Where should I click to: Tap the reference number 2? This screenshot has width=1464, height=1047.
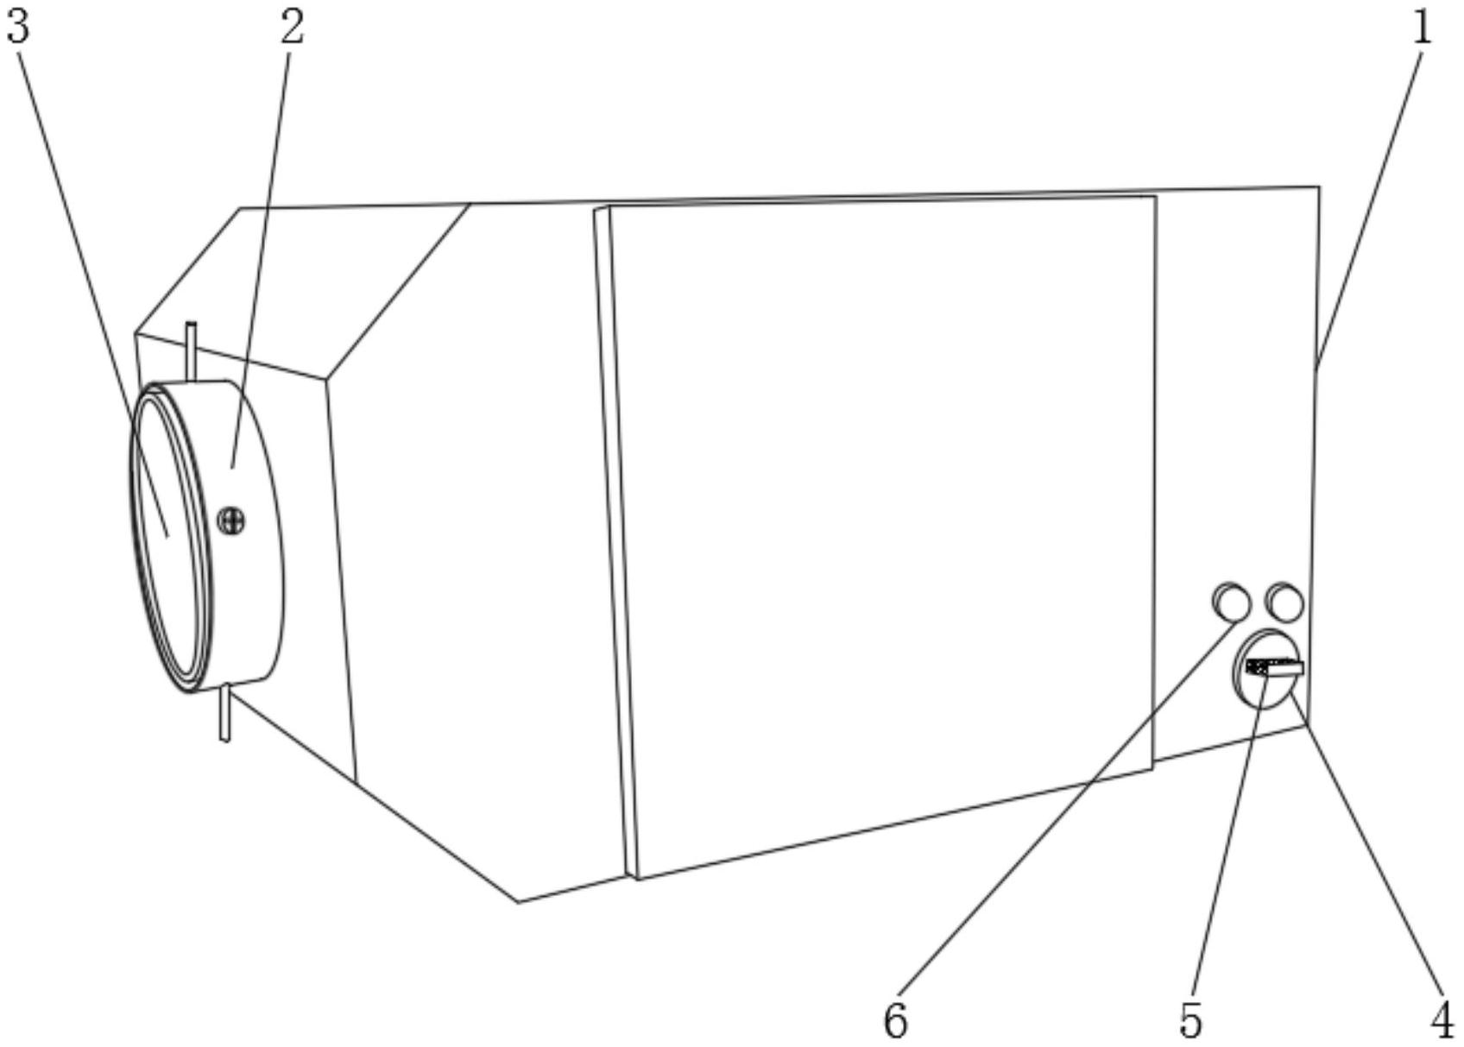point(292,28)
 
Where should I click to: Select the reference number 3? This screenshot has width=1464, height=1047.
point(17,28)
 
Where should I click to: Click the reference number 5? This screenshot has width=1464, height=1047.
point(1190,1023)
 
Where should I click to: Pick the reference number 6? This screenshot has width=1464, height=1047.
point(895,1023)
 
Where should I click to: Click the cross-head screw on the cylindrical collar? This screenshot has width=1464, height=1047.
point(231,520)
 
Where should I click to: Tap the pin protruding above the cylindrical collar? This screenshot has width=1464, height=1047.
point(192,350)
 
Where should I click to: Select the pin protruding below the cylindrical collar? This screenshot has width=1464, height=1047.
point(224,713)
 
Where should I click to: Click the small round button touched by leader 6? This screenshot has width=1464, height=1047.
point(1231,602)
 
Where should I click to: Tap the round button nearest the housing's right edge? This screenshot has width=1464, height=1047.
point(1284,602)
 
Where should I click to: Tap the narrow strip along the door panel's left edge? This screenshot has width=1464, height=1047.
point(617,535)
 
